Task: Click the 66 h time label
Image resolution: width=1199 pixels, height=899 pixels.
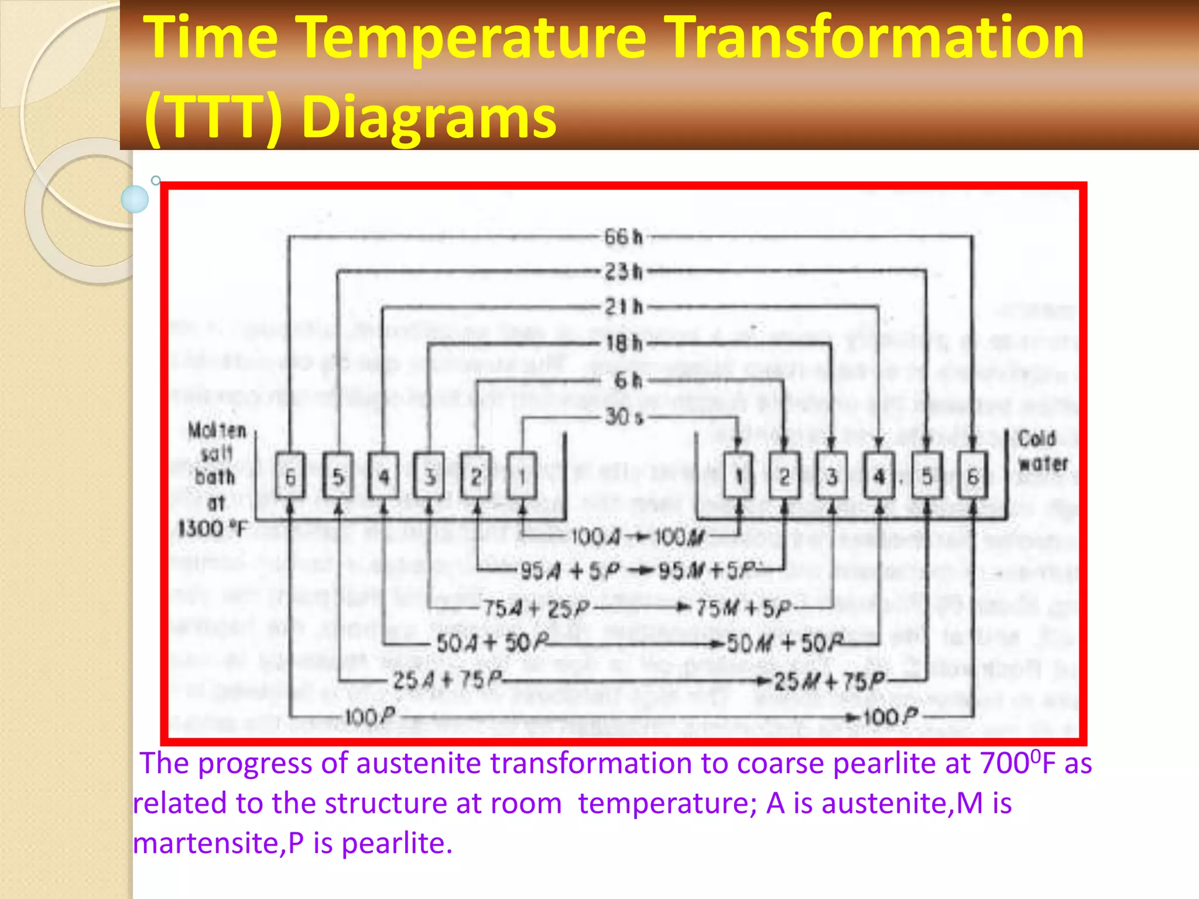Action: click(624, 237)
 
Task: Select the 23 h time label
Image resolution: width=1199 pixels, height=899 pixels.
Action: click(624, 272)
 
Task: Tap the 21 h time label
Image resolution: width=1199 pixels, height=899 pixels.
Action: click(624, 307)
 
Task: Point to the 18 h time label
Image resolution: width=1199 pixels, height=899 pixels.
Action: click(624, 344)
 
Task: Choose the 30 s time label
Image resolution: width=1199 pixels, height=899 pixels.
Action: click(624, 417)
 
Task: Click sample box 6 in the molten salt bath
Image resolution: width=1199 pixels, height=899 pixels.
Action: click(290, 476)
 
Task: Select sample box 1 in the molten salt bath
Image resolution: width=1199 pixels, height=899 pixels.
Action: click(522, 476)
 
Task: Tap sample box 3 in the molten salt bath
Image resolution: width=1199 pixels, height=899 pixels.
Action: click(429, 476)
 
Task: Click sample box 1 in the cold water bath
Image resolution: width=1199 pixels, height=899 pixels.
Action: click(739, 476)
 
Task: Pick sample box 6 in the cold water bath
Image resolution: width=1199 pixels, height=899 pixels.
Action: click(972, 476)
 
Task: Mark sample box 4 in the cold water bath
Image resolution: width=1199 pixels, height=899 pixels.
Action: click(879, 476)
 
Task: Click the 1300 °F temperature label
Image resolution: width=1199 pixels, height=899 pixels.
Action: click(213, 529)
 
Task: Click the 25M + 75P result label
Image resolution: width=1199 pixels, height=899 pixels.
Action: click(828, 681)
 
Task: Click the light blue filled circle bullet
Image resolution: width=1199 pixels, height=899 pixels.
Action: click(135, 199)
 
